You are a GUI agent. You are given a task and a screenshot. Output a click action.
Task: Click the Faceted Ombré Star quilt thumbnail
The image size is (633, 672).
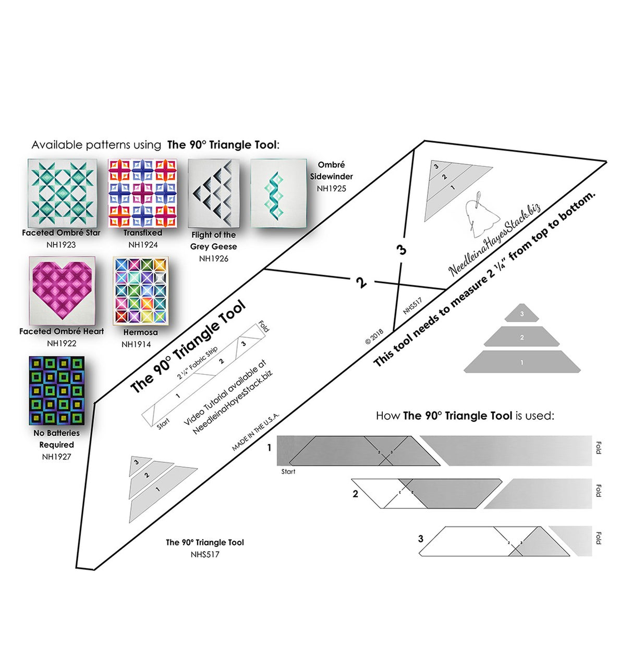coord(62,193)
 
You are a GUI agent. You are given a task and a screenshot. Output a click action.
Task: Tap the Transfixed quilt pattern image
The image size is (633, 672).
coord(143,193)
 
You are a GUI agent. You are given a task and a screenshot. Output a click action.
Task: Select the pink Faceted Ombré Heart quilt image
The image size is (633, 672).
coord(62,290)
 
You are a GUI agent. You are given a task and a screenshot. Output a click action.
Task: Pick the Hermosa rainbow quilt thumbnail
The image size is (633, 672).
coord(140,291)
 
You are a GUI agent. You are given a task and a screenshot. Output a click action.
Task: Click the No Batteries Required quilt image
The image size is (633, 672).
coord(56,390)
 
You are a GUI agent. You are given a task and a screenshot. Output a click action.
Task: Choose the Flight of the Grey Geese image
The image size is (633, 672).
coord(213,193)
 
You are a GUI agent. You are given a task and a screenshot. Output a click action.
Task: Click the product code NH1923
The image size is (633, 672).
coord(61,245)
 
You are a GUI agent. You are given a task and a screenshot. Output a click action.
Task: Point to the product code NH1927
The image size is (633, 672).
coord(56,457)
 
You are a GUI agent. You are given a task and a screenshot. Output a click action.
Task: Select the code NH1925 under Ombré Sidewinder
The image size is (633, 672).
coord(331,189)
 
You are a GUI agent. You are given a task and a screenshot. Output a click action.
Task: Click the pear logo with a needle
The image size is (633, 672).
coord(480,213)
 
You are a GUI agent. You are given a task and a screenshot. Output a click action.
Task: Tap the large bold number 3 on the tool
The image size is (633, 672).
coord(401,250)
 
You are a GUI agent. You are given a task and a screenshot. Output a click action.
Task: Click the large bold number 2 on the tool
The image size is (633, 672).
coord(361,283)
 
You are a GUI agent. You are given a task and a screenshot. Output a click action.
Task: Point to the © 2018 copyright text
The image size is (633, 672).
coord(374,336)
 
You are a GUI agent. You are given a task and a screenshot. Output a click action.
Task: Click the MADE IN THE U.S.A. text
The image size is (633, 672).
coord(255,432)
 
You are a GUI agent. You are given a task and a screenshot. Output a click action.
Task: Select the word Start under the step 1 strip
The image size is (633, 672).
coord(288,471)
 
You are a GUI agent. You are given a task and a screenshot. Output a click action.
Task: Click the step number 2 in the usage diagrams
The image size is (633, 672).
coord(356,494)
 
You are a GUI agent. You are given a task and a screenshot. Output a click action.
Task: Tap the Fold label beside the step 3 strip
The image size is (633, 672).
coord(599,538)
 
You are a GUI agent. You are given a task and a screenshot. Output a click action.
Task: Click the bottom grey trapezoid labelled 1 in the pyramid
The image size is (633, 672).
coord(522,362)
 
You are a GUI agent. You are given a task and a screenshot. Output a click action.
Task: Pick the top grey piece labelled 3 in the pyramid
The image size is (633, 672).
coord(522,313)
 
